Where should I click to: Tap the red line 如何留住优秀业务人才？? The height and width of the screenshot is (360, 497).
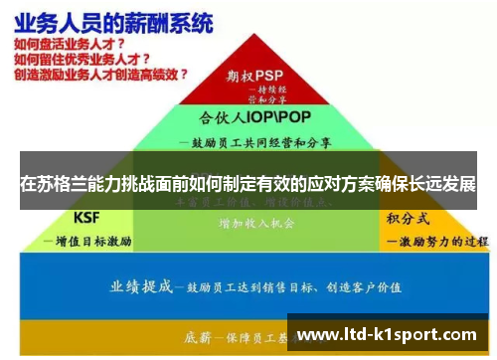pyautogui.click(x=83, y=60)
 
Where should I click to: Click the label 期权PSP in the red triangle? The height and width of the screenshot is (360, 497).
pyautogui.click(x=254, y=75)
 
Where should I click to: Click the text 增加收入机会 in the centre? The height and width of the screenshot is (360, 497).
pyautogui.click(x=255, y=225)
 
